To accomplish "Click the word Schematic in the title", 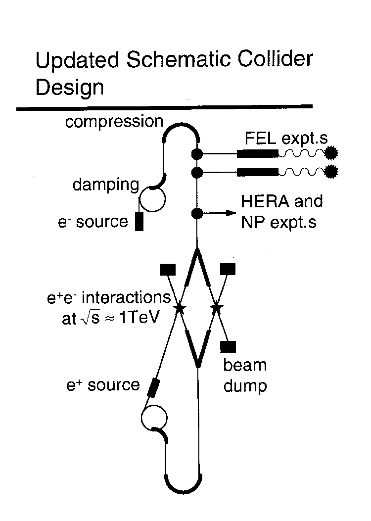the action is click(179, 59).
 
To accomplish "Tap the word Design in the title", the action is click(70, 88).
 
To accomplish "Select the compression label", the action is click(114, 122).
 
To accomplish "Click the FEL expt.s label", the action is click(286, 138).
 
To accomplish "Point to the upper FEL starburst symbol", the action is click(331, 153).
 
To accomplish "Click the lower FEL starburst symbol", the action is click(331, 172).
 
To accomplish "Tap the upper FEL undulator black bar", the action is click(258, 153).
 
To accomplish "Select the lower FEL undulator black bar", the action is click(258, 172).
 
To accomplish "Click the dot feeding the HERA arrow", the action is click(197, 213).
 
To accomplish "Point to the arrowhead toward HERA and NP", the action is click(232, 213).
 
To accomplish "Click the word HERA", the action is click(265, 201).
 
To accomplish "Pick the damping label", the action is click(106, 185).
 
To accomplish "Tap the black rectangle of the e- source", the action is click(139, 221).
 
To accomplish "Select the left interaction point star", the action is click(180, 308).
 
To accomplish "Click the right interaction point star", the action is click(217, 308).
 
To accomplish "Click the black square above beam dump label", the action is click(228, 346).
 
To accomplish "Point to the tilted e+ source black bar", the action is click(153, 388).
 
